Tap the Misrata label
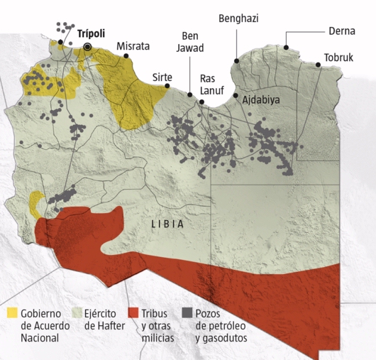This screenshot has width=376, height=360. point(133,46)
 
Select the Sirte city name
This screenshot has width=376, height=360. point(162,77)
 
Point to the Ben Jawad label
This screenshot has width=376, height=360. point(192,42)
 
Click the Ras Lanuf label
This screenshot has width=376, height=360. point(212,84)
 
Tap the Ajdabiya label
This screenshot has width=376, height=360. point(261,100)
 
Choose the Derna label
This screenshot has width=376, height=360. point(342,31)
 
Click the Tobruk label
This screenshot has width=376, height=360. point(338,58)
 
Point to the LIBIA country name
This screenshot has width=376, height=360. point(167,224)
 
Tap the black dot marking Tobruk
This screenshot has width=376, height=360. point(319,65)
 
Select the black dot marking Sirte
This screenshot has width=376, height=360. point(167,86)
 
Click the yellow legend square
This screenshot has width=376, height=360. point(12,312)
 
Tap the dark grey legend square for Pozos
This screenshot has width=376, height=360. point(187,312)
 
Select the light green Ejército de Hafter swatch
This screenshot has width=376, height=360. point(75,312)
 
